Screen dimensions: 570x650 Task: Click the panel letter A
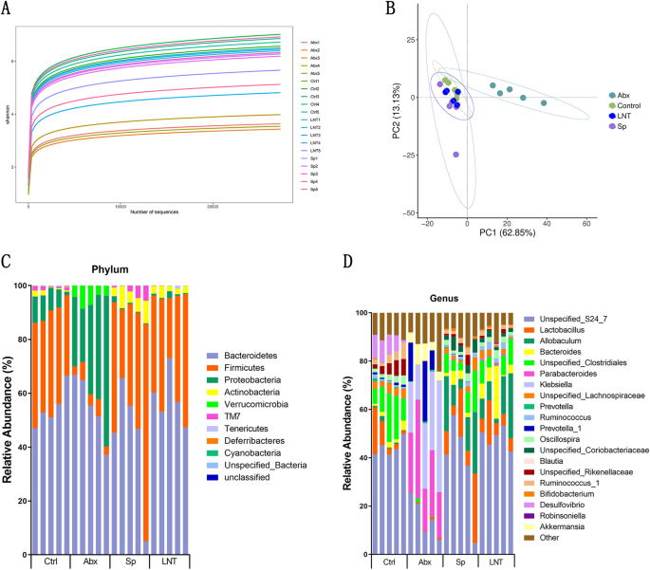8,9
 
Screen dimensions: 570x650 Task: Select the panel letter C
8,260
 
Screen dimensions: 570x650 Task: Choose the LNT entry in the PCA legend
623,115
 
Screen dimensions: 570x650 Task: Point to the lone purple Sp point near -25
456,154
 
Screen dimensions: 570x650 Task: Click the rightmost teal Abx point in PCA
544,102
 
